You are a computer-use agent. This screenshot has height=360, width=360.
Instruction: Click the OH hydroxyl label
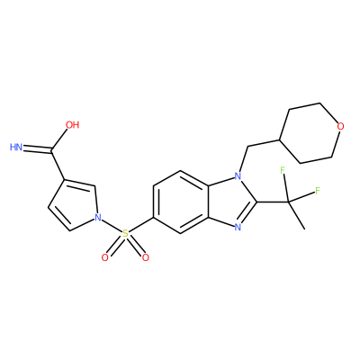click(73, 125)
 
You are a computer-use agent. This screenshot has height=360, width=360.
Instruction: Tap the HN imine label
click(16, 147)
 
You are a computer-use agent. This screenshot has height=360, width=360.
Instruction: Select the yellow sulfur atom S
click(125, 233)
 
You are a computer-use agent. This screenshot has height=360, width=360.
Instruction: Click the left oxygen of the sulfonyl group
click(104, 257)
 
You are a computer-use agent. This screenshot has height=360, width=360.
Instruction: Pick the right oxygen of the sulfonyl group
click(146, 257)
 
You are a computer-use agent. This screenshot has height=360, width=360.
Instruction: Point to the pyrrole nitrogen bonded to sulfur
click(97, 218)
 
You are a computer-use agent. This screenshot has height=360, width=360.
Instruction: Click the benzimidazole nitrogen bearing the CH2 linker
click(238, 175)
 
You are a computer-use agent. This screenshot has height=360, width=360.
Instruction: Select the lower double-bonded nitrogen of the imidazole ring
click(238, 227)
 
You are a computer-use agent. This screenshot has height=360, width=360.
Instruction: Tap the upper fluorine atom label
click(283, 170)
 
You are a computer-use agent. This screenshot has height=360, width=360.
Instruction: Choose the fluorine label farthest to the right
click(318, 191)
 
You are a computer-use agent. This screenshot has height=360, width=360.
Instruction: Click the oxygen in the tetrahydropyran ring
click(340, 126)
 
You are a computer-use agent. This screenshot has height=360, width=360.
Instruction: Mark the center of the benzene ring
click(181, 202)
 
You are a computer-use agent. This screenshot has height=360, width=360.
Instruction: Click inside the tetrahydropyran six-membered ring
click(310, 133)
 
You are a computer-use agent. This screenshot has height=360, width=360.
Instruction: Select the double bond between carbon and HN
click(38, 148)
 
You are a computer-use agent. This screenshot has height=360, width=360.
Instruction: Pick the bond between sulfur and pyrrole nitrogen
click(112, 226)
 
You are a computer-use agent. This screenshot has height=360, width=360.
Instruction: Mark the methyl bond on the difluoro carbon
click(296, 215)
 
